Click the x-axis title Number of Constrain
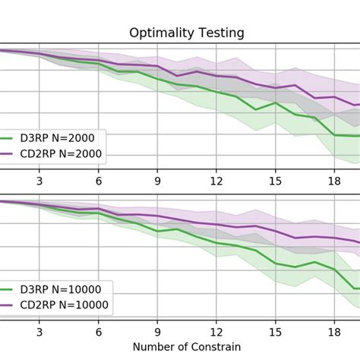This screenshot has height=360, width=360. (x=186, y=346)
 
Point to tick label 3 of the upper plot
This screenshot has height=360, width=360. (x=39, y=181)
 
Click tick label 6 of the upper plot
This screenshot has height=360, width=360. (x=98, y=181)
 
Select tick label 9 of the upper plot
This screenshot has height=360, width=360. (x=157, y=181)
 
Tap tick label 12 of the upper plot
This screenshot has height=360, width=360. (x=216, y=181)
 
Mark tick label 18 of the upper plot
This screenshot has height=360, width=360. (x=334, y=181)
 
